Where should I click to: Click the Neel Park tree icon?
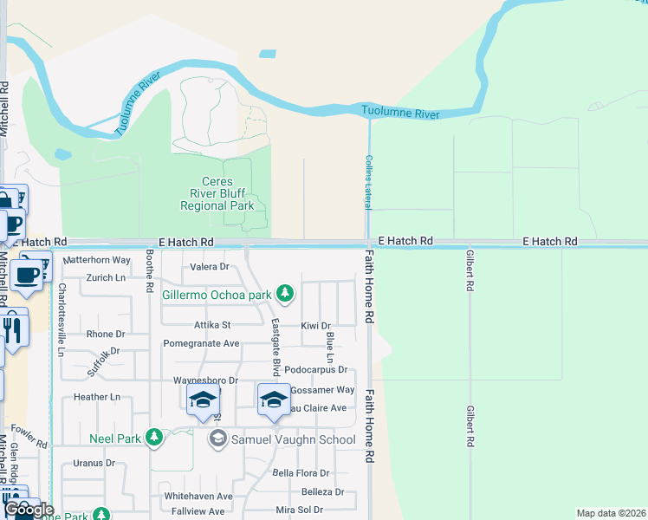(154, 438)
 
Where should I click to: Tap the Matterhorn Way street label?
(97, 259)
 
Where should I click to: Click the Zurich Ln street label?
(106, 278)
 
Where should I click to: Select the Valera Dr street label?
(209, 267)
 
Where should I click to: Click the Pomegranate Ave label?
(201, 343)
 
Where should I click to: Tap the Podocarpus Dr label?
(314, 370)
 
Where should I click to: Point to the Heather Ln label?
(96, 397)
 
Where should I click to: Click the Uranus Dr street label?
(94, 463)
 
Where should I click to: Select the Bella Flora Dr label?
(301, 473)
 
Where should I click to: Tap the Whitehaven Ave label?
(198, 497)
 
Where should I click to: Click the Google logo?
(29, 510)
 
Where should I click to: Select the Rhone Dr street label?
(106, 334)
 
